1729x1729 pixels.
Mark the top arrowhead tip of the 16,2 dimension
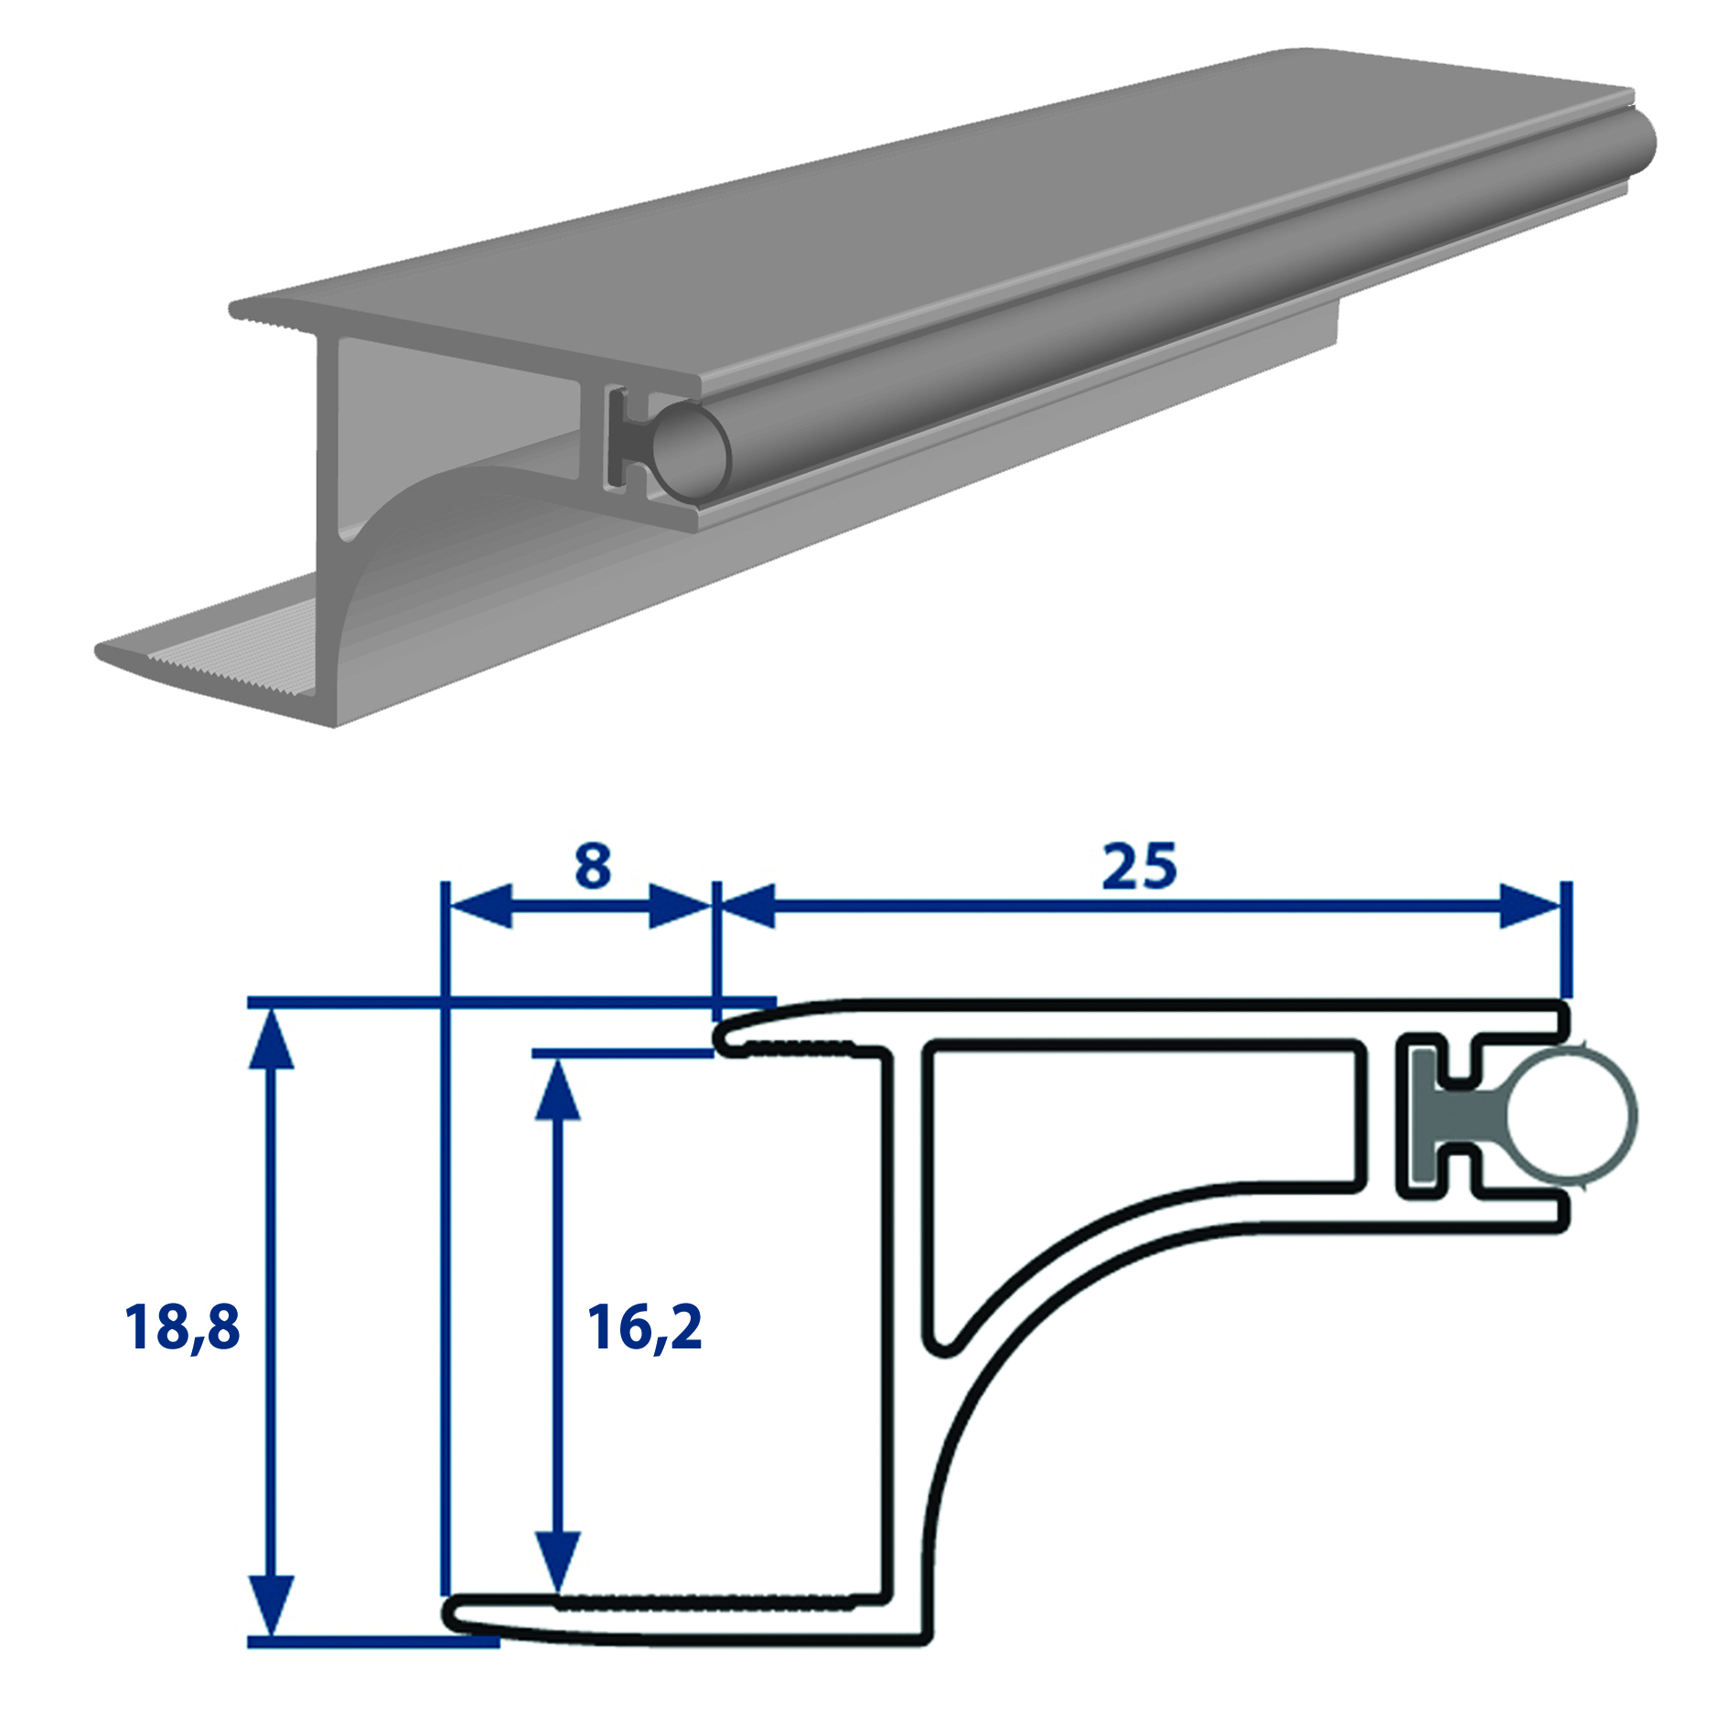[x=556, y=1061]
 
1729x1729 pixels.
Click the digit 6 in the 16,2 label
[x=629, y=1328]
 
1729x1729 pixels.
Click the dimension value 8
[x=593, y=865]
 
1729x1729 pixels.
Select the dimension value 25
[x=1140, y=865]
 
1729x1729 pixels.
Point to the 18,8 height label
[x=182, y=1328]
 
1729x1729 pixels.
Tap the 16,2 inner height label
[x=645, y=1328]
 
